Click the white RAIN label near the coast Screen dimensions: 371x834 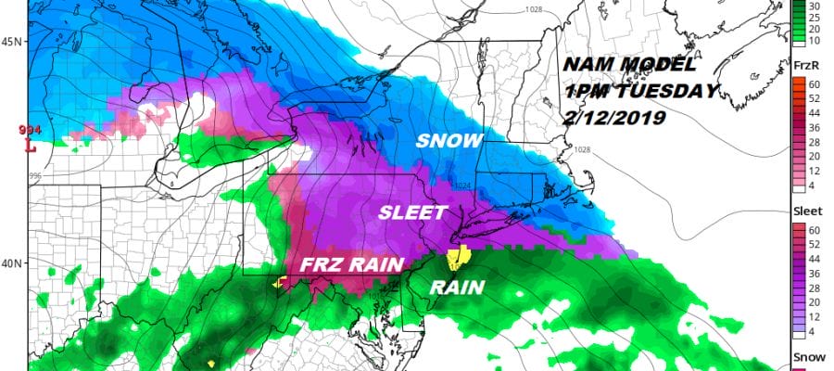click(x=458, y=288)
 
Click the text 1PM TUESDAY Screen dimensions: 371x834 click(x=638, y=92)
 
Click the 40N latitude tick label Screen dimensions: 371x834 click(x=12, y=263)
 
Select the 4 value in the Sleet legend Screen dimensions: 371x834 click(x=816, y=331)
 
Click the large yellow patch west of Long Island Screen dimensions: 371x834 click(x=459, y=257)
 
